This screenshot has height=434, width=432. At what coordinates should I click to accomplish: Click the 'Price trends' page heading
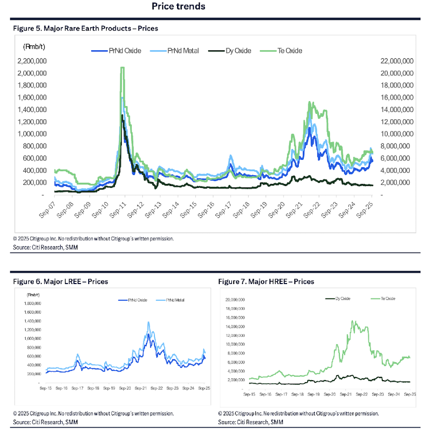pyautogui.click(x=178, y=6)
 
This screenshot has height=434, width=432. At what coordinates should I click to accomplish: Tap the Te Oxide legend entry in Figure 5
pyautogui.click(x=284, y=50)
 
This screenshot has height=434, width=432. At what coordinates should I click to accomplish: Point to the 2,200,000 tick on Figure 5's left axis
pyautogui.click(x=32, y=61)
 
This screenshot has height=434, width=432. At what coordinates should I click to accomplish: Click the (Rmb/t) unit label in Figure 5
pyautogui.click(x=33, y=46)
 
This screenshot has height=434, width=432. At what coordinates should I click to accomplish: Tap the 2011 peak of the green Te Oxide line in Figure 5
pyautogui.click(x=122, y=68)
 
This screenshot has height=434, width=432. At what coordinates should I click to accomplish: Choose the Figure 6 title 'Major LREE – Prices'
pyautogui.click(x=60, y=282)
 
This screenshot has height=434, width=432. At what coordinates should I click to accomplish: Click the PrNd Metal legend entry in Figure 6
pyautogui.click(x=175, y=300)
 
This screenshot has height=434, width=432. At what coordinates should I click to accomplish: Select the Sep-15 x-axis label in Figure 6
pyautogui.click(x=47, y=389)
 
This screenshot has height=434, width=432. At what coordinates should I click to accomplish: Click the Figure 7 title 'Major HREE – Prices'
pyautogui.click(x=266, y=282)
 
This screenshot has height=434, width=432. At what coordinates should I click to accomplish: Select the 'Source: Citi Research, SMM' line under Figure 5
pyautogui.click(x=45, y=248)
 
